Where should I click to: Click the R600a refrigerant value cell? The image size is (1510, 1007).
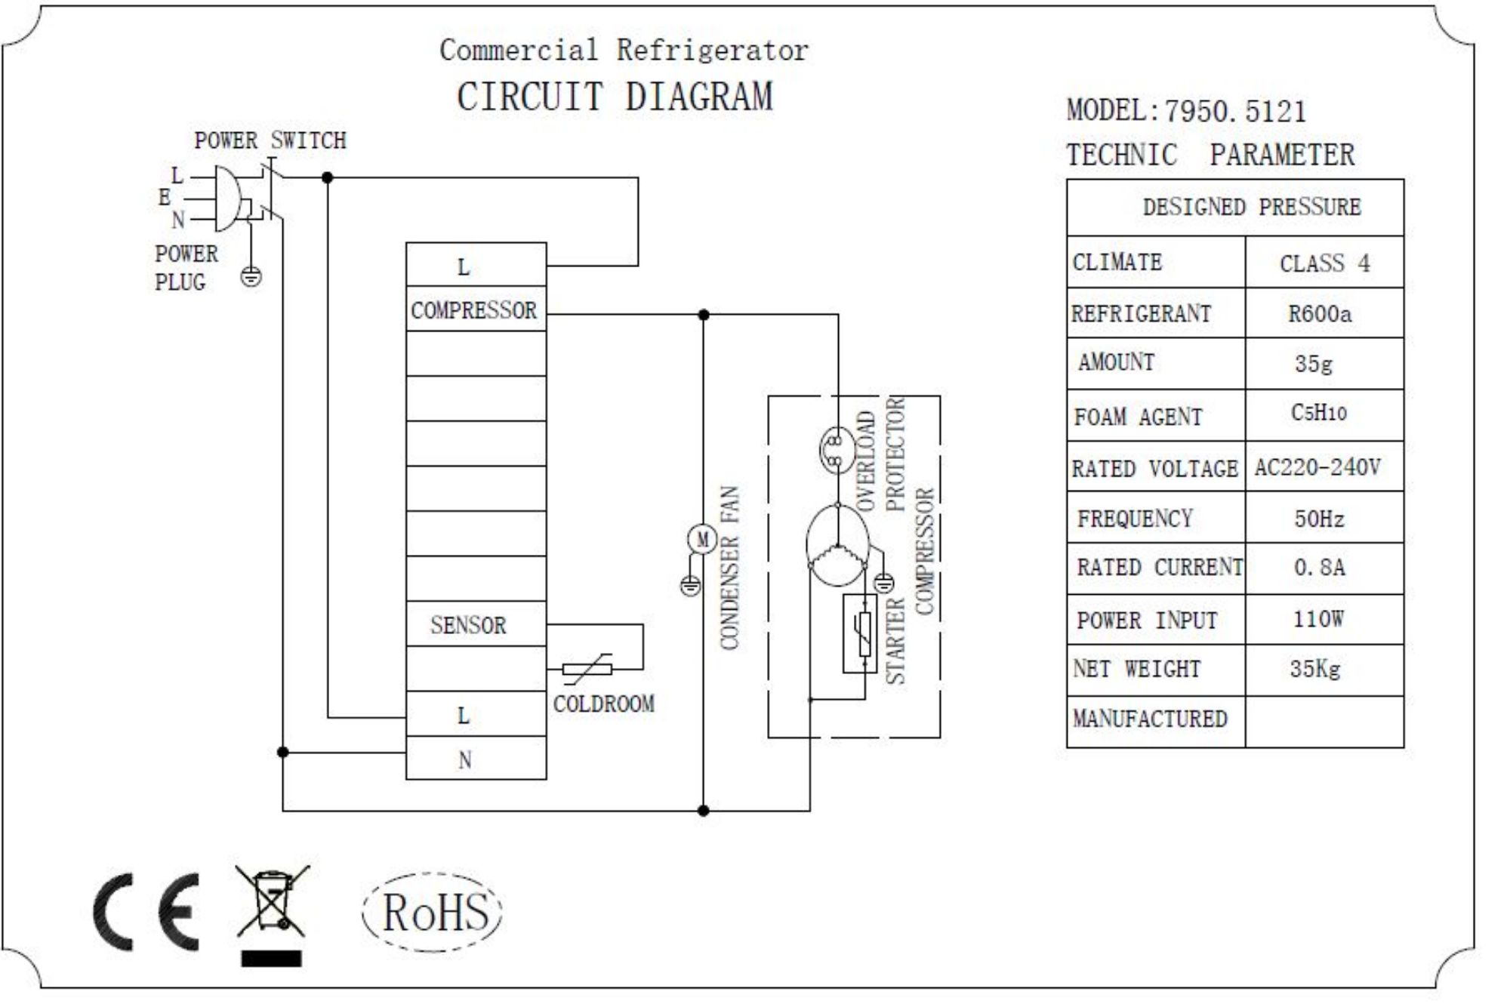pos(1319,313)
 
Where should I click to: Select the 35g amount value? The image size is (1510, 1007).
pos(1314,363)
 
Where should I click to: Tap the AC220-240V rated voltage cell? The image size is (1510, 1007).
pos(1317,467)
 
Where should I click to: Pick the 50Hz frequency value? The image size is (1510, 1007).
pos(1319,519)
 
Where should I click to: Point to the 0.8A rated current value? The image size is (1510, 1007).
pos(1319,567)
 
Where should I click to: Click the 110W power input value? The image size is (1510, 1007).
pos(1318,620)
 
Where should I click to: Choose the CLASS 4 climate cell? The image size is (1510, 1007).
pos(1324,263)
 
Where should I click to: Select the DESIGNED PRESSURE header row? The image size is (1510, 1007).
pos(1251,207)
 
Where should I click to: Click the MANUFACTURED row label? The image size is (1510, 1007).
pos(1150,719)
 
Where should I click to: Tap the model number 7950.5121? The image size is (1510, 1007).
pos(1235,112)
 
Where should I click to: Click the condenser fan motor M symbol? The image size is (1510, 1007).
pos(702,539)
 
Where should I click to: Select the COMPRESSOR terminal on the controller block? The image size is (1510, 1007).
pos(474,309)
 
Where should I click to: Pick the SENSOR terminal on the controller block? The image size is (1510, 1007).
pos(468,625)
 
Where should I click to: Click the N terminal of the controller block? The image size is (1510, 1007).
pos(465,759)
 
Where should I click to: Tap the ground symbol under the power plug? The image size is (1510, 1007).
pos(251,277)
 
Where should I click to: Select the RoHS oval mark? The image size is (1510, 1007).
pos(433,912)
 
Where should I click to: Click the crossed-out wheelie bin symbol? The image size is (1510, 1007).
pos(273,902)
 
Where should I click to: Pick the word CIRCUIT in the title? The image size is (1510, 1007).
pos(530,97)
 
